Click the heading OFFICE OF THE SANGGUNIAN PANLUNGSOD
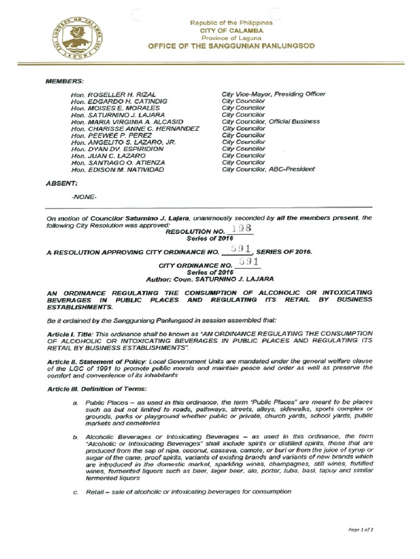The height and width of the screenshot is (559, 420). (231, 46)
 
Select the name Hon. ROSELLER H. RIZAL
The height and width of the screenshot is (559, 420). (110, 94)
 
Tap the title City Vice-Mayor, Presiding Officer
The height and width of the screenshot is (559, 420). (273, 94)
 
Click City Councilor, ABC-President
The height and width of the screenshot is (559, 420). (268, 169)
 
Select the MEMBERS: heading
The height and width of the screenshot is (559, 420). (65, 81)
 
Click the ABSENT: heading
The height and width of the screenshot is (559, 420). (61, 184)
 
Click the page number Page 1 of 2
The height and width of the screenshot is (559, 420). (360, 529)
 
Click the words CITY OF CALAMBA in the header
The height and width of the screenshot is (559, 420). (231, 31)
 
